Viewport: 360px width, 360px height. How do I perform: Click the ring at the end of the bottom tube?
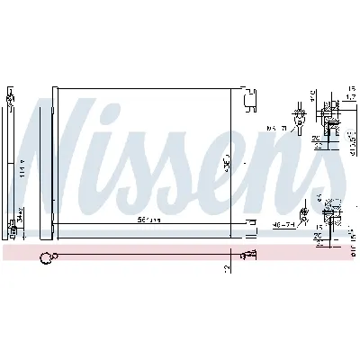pos(45,261)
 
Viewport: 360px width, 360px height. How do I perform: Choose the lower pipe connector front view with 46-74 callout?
pos(304,212)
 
